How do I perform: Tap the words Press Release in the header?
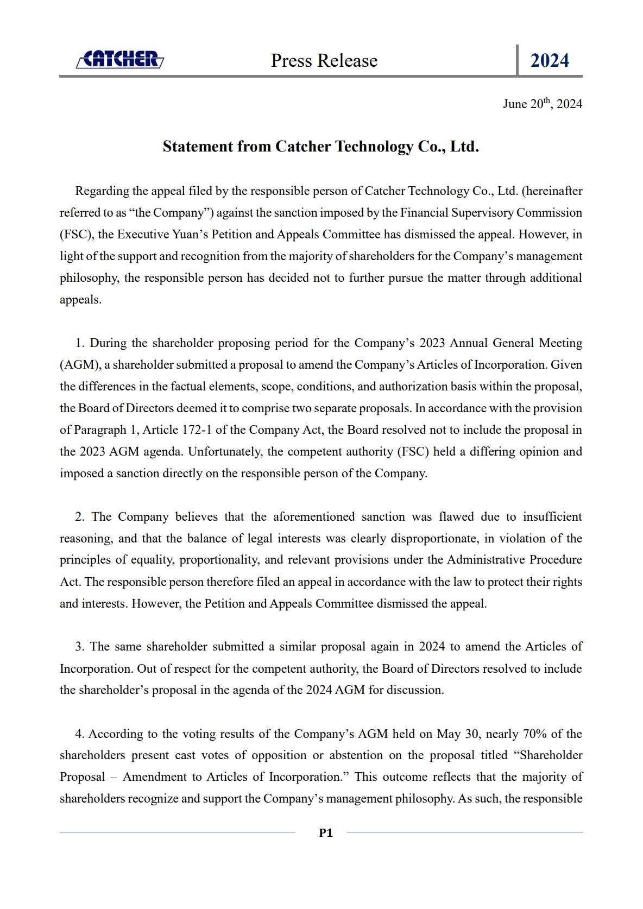coord(324,60)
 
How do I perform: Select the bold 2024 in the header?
coord(550,60)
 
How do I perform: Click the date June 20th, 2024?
coord(542,104)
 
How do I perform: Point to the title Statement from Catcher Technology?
coord(320,147)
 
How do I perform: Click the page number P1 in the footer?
coord(326,832)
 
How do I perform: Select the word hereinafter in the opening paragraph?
coord(552,191)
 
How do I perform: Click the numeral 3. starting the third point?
coord(80,647)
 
